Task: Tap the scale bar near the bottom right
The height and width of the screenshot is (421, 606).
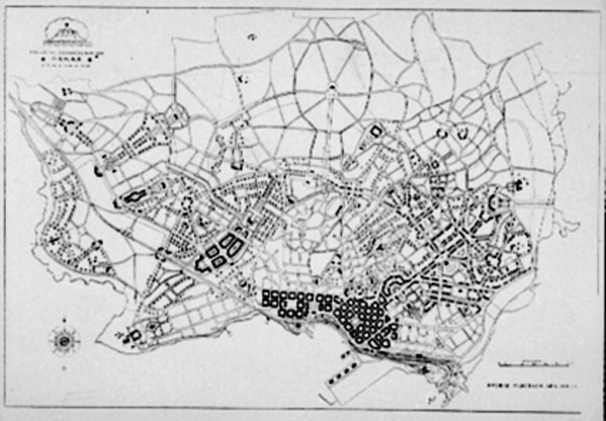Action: click(534, 363)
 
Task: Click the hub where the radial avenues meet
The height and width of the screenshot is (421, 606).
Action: click(332, 88)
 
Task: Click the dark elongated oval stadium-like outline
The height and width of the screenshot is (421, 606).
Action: click(135, 196)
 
